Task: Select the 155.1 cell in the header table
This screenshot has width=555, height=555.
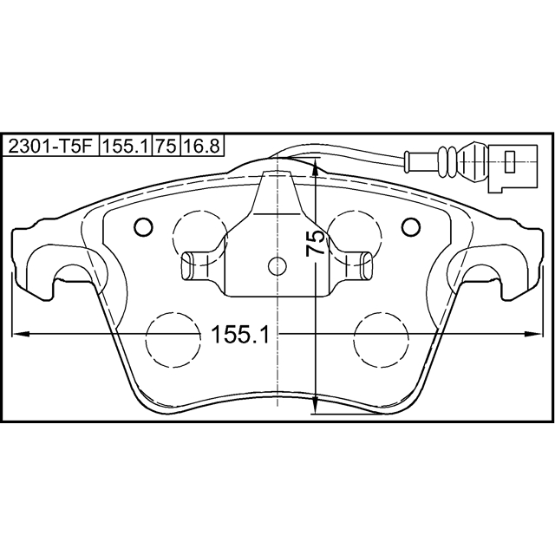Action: point(127,147)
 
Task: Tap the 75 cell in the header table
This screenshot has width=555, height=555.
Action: point(166,147)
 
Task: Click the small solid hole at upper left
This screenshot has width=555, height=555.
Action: point(144,227)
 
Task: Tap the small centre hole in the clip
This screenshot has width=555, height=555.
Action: point(277,266)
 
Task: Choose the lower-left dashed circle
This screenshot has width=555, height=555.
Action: point(172,339)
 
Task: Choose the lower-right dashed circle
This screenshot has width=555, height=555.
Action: point(383,339)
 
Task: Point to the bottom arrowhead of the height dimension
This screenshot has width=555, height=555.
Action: point(318,408)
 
